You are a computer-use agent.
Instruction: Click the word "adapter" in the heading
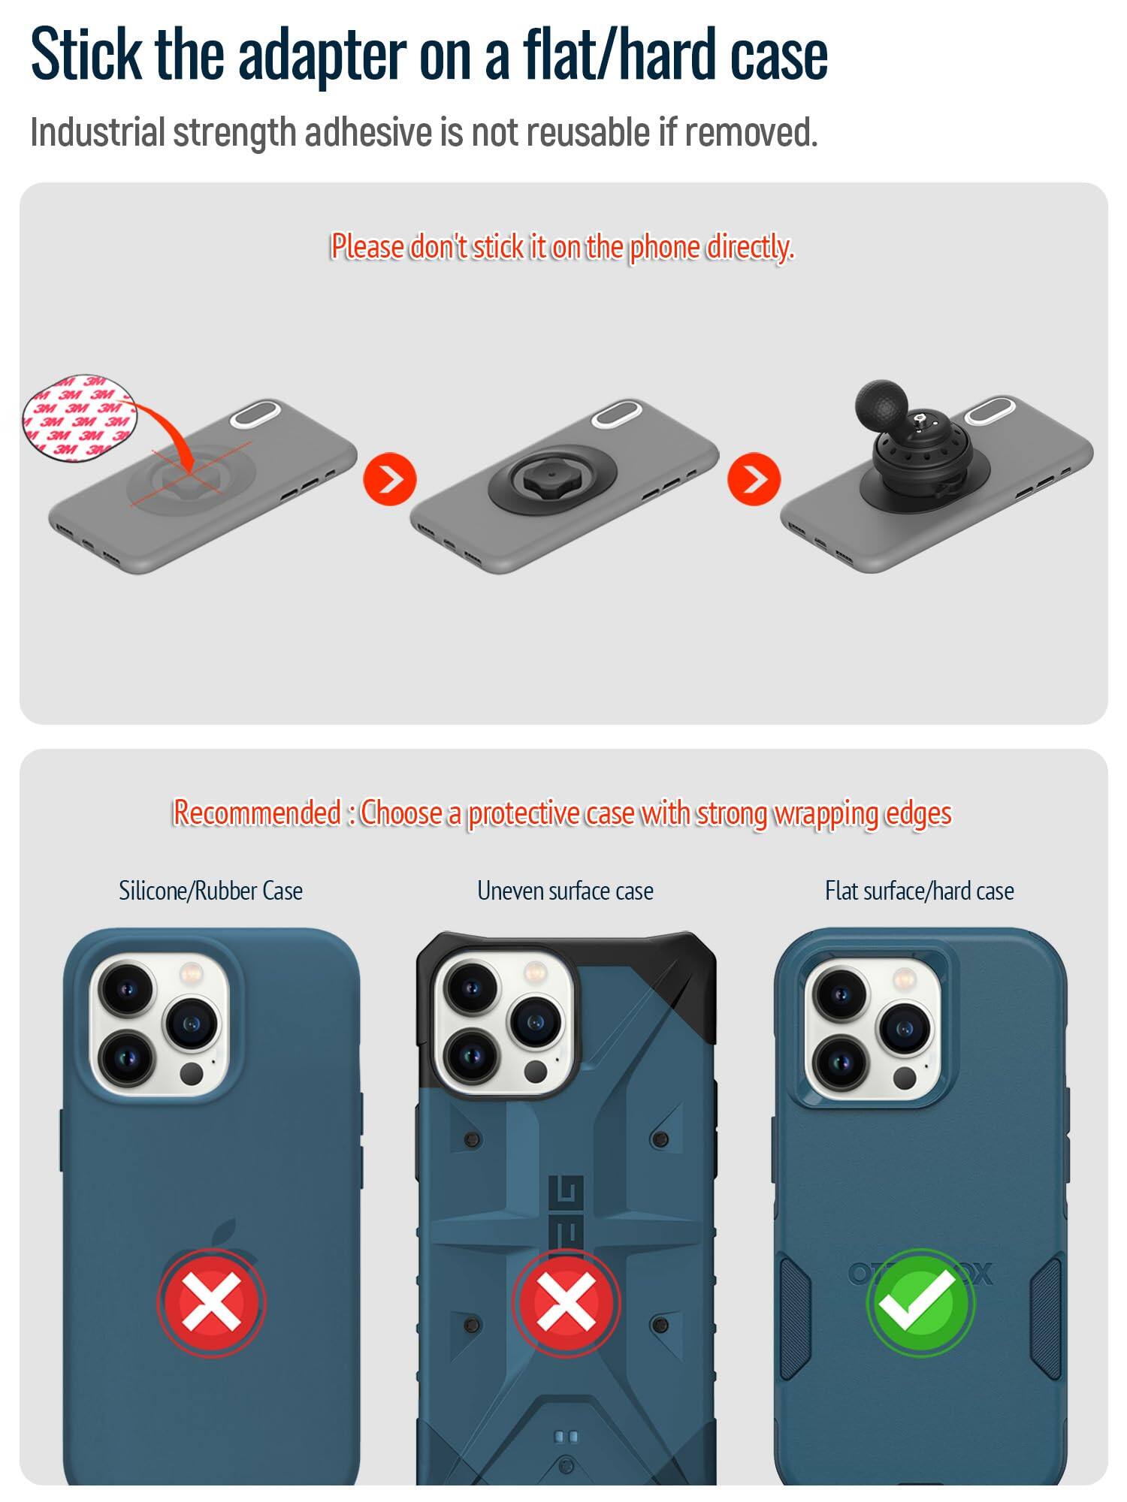(x=322, y=56)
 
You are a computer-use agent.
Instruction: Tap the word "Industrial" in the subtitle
(x=97, y=133)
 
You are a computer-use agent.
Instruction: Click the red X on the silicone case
(x=211, y=1301)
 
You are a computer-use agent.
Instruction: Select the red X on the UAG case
(x=566, y=1301)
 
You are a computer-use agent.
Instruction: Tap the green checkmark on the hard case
(x=920, y=1301)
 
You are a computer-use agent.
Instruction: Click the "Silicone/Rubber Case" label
(x=210, y=891)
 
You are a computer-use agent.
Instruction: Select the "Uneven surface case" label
(x=565, y=891)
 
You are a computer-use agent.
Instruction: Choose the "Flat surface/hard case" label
(x=920, y=891)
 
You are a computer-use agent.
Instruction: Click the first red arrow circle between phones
(x=389, y=479)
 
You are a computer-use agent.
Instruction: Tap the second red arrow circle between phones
(x=754, y=479)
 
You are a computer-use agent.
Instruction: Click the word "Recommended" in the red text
(x=257, y=813)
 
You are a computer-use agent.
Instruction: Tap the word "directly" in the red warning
(x=748, y=248)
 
